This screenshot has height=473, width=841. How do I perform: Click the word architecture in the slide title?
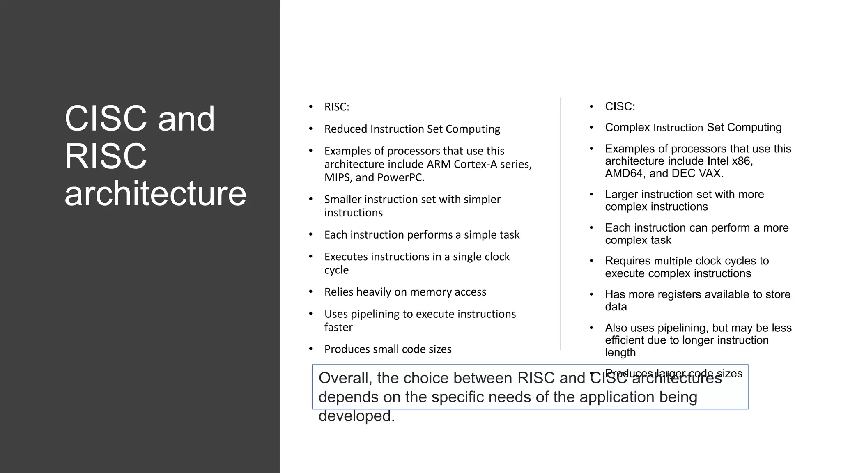pos(155,194)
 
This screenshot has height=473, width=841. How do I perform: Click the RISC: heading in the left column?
pos(336,107)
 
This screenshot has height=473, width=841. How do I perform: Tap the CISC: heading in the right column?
pos(620,107)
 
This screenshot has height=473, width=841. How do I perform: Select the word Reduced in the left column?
pos(345,129)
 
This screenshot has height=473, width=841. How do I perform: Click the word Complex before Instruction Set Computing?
pos(627,128)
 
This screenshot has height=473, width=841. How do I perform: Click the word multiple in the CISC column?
pos(673,261)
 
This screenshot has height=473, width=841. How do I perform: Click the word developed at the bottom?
pos(356,416)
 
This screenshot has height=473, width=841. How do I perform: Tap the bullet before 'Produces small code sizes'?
pos(311,349)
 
